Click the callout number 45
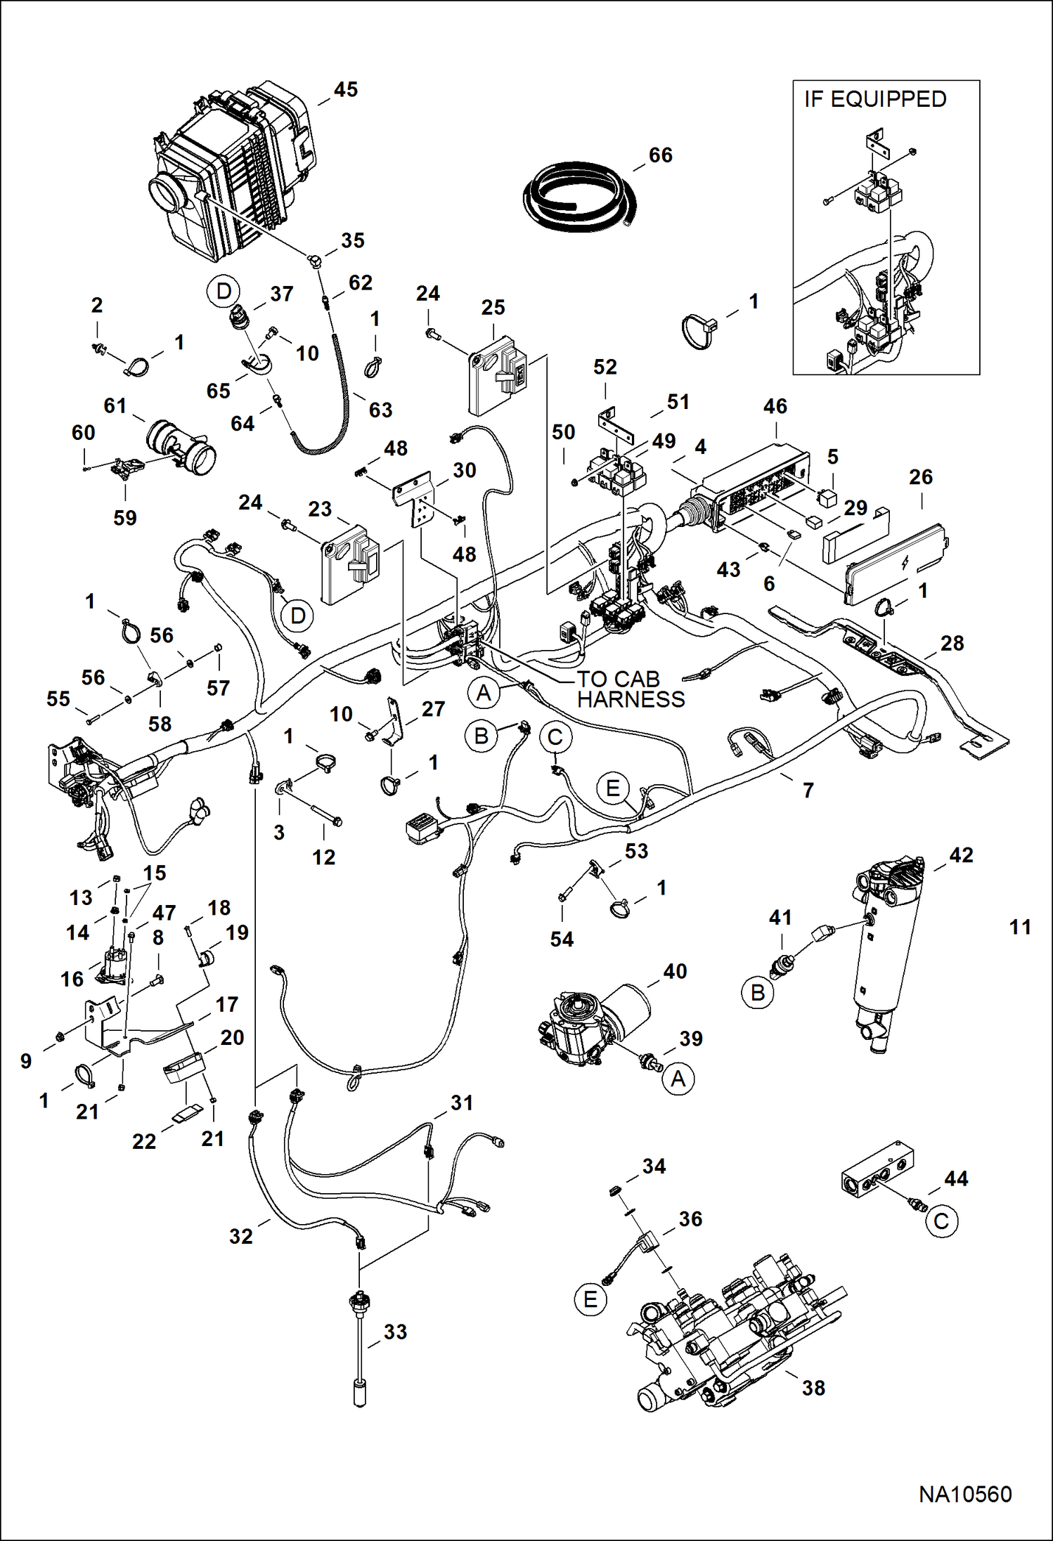345,90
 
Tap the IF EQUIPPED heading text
875,100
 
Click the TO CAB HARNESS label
630,689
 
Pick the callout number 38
813,1388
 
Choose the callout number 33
395,1332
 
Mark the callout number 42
961,855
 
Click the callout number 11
1020,928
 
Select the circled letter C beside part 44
941,1221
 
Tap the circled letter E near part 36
590,1299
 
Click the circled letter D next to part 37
224,291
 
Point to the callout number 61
115,405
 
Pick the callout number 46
775,406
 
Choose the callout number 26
920,477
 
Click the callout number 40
675,971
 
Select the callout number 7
808,790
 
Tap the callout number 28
952,643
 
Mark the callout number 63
380,410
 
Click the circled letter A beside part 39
678,1078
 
